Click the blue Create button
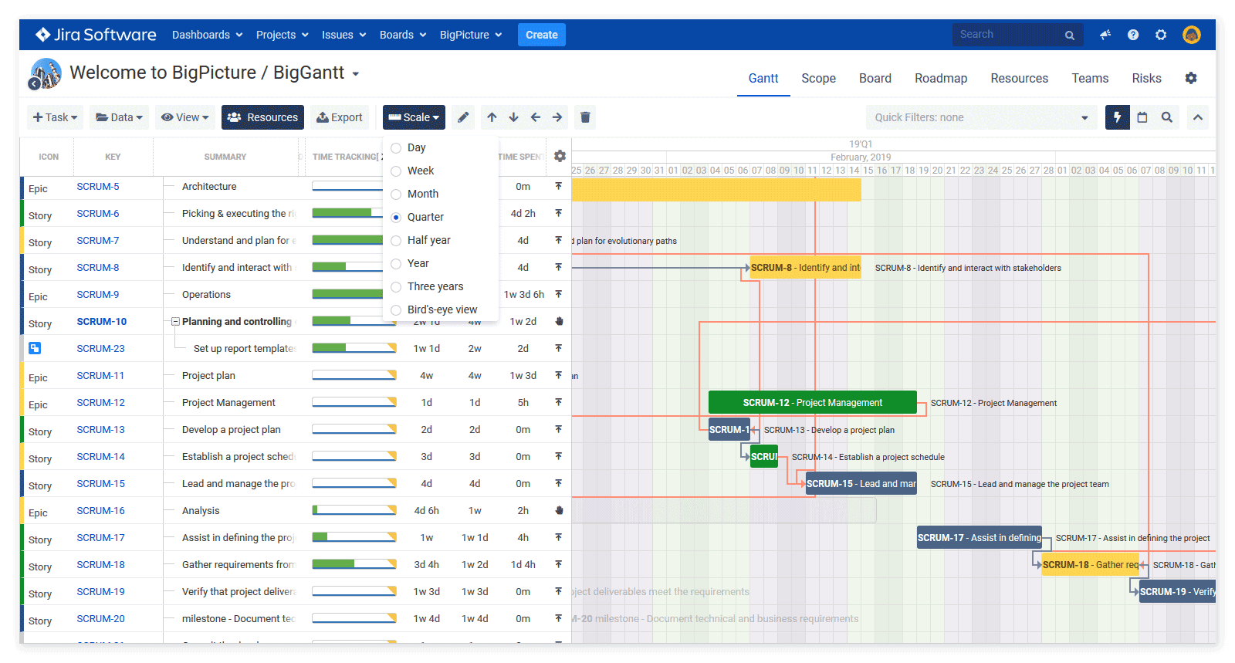(541, 35)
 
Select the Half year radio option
(396, 240)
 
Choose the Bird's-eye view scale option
(396, 310)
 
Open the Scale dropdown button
(414, 117)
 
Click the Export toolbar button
(340, 117)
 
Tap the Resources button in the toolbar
(262, 117)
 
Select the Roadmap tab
(940, 78)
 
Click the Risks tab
(1146, 78)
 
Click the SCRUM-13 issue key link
(100, 430)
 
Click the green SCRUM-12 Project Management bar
(812, 403)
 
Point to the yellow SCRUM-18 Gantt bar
(1089, 565)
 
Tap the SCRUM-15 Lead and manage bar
(861, 484)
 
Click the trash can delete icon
(585, 117)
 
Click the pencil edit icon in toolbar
(463, 117)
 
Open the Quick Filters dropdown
(980, 117)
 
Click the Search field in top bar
(1007, 35)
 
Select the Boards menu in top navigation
(402, 35)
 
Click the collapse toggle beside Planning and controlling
(175, 322)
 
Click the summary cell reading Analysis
(201, 511)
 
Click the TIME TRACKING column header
(344, 157)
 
